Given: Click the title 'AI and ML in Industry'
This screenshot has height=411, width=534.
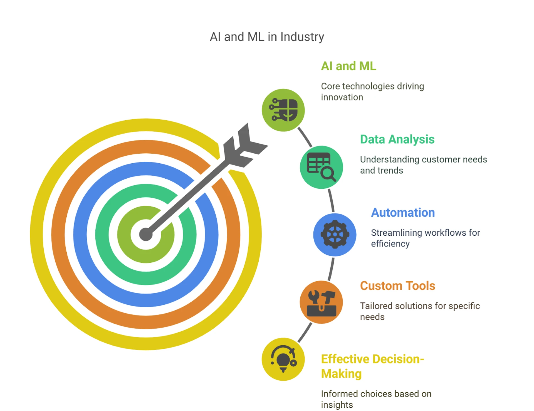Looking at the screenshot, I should pos(267,37).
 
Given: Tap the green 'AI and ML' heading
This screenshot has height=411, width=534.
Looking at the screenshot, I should pos(348,66).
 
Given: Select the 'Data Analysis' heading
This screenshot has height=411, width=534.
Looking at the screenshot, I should pos(397,139).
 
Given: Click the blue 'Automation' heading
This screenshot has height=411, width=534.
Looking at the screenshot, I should pos(403,213).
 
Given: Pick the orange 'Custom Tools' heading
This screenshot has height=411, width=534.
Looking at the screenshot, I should pos(397,286).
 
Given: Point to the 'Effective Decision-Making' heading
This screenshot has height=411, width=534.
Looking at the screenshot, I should pos(372,366).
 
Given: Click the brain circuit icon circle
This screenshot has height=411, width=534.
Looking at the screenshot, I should pos(283,110).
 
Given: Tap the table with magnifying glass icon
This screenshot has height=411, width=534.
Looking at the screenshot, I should pos(321,167).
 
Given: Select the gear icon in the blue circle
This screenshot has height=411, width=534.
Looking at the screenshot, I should pos(335,235).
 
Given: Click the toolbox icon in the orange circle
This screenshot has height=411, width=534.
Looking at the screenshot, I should pos(321,302).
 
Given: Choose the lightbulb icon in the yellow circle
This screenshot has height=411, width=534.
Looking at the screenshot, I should pos(283,359).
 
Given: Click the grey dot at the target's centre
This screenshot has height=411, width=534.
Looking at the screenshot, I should pos(146,234).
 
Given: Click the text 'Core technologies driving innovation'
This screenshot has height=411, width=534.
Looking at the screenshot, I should pos(372,92).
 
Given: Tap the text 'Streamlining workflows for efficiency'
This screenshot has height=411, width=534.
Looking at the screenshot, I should pos(425,238).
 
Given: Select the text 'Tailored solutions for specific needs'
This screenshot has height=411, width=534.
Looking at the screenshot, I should pos(420,311).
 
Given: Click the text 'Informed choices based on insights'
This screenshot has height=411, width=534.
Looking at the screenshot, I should pos(376,399).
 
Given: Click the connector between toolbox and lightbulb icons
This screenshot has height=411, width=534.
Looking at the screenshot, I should pos(305,333).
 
